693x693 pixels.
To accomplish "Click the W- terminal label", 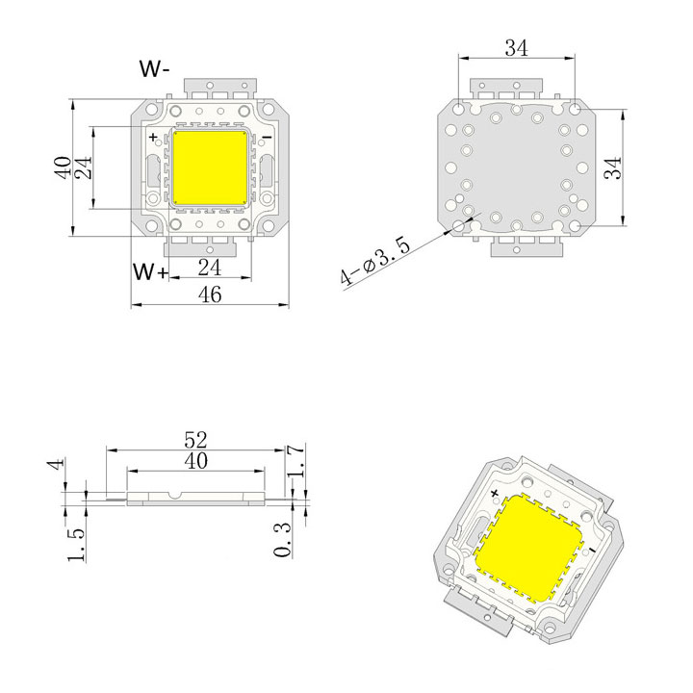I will point(155,70).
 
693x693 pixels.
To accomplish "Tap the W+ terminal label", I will point(151,272).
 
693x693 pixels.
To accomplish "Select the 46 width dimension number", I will point(210,295).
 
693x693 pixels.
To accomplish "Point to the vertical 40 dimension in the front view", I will point(63,167).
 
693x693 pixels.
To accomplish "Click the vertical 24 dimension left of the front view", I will point(84,167).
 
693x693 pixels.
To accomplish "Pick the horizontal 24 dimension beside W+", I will point(210,267).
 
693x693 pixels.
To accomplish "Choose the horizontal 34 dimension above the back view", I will point(516,49).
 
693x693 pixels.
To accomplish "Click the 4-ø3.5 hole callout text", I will point(376,262).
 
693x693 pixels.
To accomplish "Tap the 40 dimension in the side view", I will point(195,461).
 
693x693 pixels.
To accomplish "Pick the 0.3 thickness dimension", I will point(282,541).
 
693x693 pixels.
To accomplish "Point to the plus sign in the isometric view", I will point(495,493).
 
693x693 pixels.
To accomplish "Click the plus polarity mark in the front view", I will point(153,139).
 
